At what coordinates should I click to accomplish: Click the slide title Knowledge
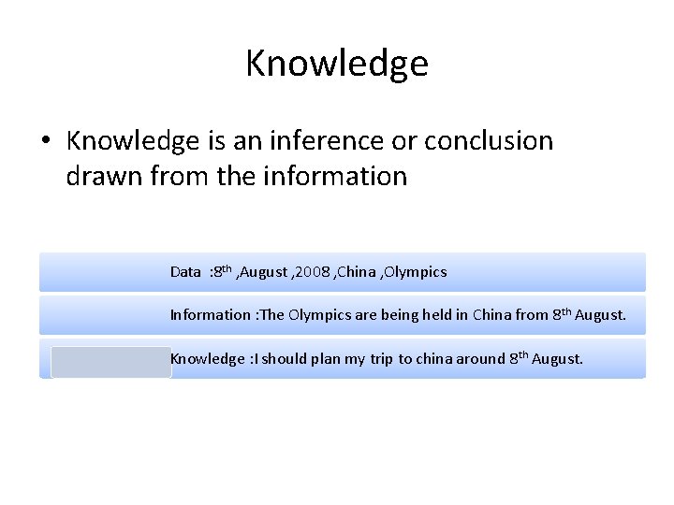click(x=337, y=64)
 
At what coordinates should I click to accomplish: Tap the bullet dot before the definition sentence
click(x=45, y=141)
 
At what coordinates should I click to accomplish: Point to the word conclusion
click(x=489, y=141)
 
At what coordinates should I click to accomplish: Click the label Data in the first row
click(x=185, y=272)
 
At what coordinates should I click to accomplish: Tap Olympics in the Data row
click(x=416, y=272)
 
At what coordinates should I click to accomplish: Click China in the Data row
click(x=357, y=272)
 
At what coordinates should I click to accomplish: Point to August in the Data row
click(x=266, y=272)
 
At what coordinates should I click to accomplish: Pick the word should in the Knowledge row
click(x=286, y=359)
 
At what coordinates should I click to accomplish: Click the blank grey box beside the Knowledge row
click(x=111, y=362)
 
